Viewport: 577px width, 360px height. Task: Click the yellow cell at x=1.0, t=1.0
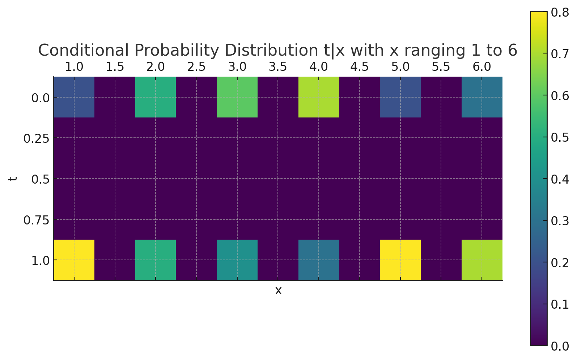pos(74,260)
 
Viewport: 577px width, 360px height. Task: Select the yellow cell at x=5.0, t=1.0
pos(400,260)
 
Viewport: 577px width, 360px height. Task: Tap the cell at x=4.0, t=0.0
pos(319,97)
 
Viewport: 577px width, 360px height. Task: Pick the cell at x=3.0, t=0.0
pos(237,97)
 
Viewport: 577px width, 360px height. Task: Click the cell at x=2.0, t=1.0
pos(156,260)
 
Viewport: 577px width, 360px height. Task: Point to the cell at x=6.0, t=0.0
pos(482,97)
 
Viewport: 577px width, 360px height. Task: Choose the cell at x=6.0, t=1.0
pos(482,260)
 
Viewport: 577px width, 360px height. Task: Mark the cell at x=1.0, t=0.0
pos(74,97)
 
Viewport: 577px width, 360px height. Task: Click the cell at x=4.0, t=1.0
pos(319,260)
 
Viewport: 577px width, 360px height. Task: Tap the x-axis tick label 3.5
pos(278,67)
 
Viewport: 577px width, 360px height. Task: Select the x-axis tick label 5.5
pos(441,67)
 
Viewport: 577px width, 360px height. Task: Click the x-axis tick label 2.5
pos(196,67)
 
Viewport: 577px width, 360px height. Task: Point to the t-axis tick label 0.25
pos(36,138)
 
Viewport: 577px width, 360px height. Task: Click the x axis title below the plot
pos(278,291)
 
